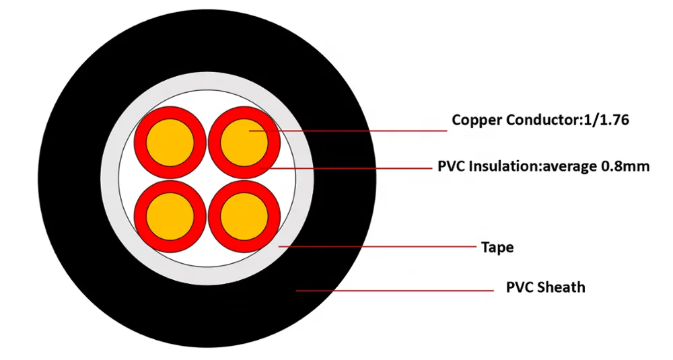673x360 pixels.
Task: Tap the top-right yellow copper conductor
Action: (244, 142)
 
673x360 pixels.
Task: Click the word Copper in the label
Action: (475, 120)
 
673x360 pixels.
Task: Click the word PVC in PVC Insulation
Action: (450, 166)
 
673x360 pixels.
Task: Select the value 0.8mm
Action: (625, 166)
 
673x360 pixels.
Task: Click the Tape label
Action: (497, 248)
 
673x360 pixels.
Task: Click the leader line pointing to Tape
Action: (377, 246)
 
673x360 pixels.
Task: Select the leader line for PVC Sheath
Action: (397, 291)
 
